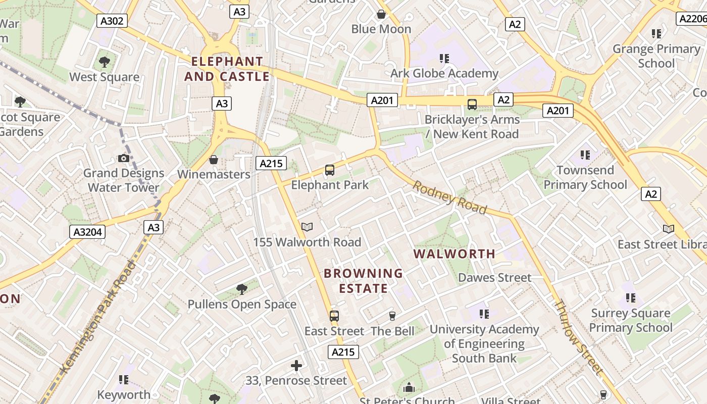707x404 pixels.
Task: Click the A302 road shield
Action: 112,21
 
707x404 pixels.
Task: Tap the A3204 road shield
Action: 87,232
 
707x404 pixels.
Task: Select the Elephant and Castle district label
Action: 227,69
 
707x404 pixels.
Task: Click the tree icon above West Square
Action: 105,62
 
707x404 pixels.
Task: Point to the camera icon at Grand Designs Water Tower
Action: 123,158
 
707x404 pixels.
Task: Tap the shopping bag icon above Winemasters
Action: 214,160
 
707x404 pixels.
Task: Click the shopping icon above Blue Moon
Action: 381,14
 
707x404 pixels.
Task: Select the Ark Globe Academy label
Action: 444,73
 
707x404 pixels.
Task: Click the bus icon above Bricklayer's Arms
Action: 472,105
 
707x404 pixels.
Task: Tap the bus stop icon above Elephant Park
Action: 330,170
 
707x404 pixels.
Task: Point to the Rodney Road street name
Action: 449,197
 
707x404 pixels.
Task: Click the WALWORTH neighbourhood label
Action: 454,254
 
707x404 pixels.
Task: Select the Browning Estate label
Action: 363,281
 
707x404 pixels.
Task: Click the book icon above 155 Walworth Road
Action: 307,227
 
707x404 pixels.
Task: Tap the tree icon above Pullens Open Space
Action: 242,289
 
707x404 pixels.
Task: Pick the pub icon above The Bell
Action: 392,316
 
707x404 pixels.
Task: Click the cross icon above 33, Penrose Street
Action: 296,365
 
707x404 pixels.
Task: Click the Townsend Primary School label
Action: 585,177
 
